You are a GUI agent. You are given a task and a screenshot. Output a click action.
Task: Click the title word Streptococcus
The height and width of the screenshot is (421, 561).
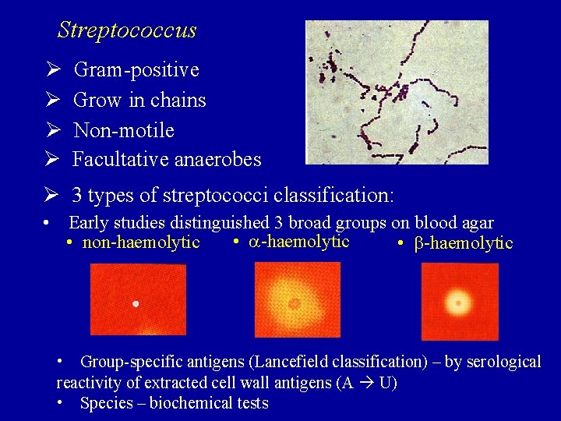(x=127, y=30)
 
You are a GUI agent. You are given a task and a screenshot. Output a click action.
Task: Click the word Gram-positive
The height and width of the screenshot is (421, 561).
(x=136, y=70)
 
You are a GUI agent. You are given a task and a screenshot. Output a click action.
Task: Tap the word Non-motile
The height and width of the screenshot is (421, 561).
(x=123, y=130)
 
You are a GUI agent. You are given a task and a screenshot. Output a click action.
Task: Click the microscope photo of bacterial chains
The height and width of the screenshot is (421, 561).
(x=397, y=92)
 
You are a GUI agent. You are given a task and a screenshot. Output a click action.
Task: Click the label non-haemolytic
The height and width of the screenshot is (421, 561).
(x=141, y=242)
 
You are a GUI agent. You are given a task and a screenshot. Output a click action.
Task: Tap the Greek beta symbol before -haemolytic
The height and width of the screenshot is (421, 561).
(x=418, y=243)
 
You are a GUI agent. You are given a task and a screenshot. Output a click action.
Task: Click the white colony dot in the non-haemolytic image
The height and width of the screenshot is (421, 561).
(x=136, y=302)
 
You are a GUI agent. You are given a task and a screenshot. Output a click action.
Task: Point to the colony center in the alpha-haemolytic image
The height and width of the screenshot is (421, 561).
(x=295, y=303)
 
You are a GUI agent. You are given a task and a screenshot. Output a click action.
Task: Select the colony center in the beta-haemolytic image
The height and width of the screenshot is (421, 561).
(x=458, y=302)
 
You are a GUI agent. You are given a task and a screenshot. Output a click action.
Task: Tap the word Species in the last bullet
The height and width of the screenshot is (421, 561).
(x=107, y=403)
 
